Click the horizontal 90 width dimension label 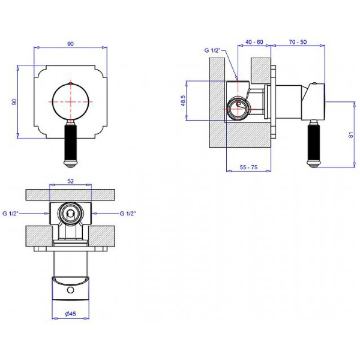(70, 44)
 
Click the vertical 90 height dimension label (14, 101)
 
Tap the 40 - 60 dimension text (254, 42)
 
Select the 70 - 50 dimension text (298, 42)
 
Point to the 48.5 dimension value (183, 101)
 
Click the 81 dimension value (351, 135)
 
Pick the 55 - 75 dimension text (248, 167)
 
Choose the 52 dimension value (70, 181)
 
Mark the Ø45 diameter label (70, 314)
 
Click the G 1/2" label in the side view (212, 50)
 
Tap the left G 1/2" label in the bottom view (11, 213)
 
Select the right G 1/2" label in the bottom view (128, 213)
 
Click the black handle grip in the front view (71, 141)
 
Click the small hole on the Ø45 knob (70, 290)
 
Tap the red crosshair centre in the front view (70, 101)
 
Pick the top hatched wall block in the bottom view (70, 195)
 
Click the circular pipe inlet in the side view (238, 108)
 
